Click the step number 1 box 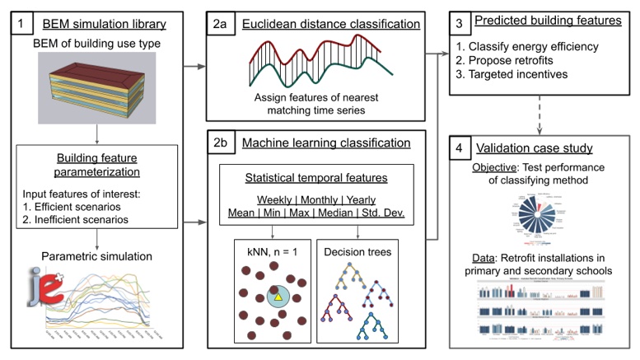pyautogui.click(x=16, y=24)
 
